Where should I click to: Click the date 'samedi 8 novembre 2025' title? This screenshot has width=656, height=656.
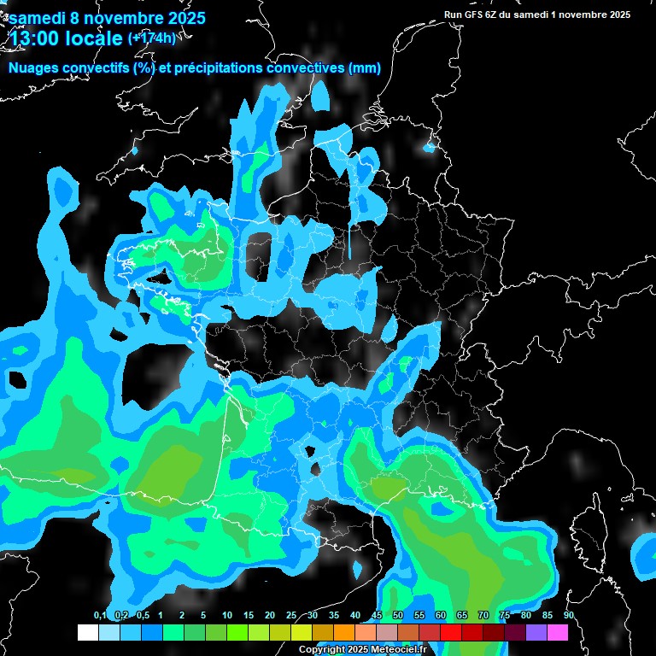pyautogui.click(x=107, y=17)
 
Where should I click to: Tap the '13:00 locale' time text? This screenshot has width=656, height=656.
pyautogui.click(x=65, y=38)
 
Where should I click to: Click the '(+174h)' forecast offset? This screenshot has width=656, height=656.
pyautogui.click(x=152, y=38)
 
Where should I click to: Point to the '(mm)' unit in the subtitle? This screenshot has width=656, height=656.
pyautogui.click(x=365, y=68)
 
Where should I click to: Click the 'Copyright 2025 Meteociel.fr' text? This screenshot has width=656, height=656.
pyautogui.click(x=362, y=650)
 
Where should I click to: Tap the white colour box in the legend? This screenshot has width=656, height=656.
pyautogui.click(x=87, y=632)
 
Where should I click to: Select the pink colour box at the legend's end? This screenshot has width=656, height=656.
pyautogui.click(x=558, y=632)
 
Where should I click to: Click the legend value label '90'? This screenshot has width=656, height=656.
pyautogui.click(x=568, y=616)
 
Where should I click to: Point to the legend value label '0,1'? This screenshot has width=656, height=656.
pyautogui.click(x=100, y=616)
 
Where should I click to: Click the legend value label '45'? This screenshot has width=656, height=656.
pyautogui.click(x=377, y=616)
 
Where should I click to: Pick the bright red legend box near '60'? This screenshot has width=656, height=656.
pyautogui.click(x=451, y=632)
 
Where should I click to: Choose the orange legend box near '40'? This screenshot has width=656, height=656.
pyautogui.click(x=343, y=632)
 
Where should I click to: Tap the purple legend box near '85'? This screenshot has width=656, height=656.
pyautogui.click(x=536, y=632)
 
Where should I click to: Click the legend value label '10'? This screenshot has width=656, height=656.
pyautogui.click(x=226, y=616)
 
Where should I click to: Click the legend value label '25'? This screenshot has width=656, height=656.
pyautogui.click(x=291, y=616)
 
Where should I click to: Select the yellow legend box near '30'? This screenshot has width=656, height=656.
pyautogui.click(x=301, y=632)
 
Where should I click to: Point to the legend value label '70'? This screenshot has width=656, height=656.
pyautogui.click(x=483, y=616)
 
